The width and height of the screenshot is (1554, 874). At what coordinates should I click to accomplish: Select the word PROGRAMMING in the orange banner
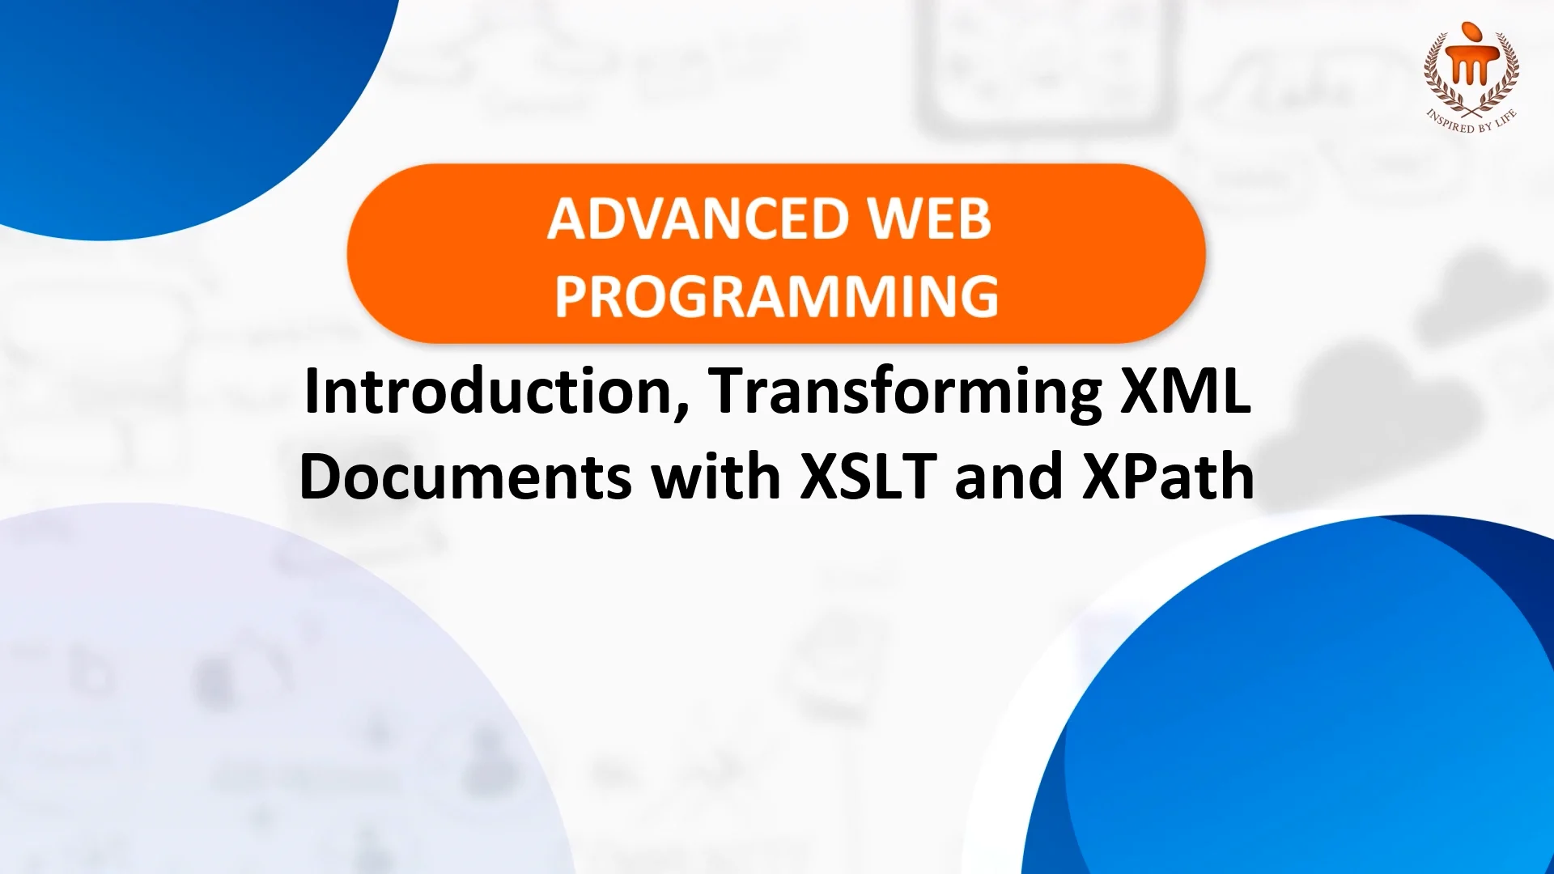pos(776,296)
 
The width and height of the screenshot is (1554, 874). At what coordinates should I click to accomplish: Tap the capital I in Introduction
pos(312,391)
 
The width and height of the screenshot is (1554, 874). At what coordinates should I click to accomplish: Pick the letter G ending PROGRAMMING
pos(979,296)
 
